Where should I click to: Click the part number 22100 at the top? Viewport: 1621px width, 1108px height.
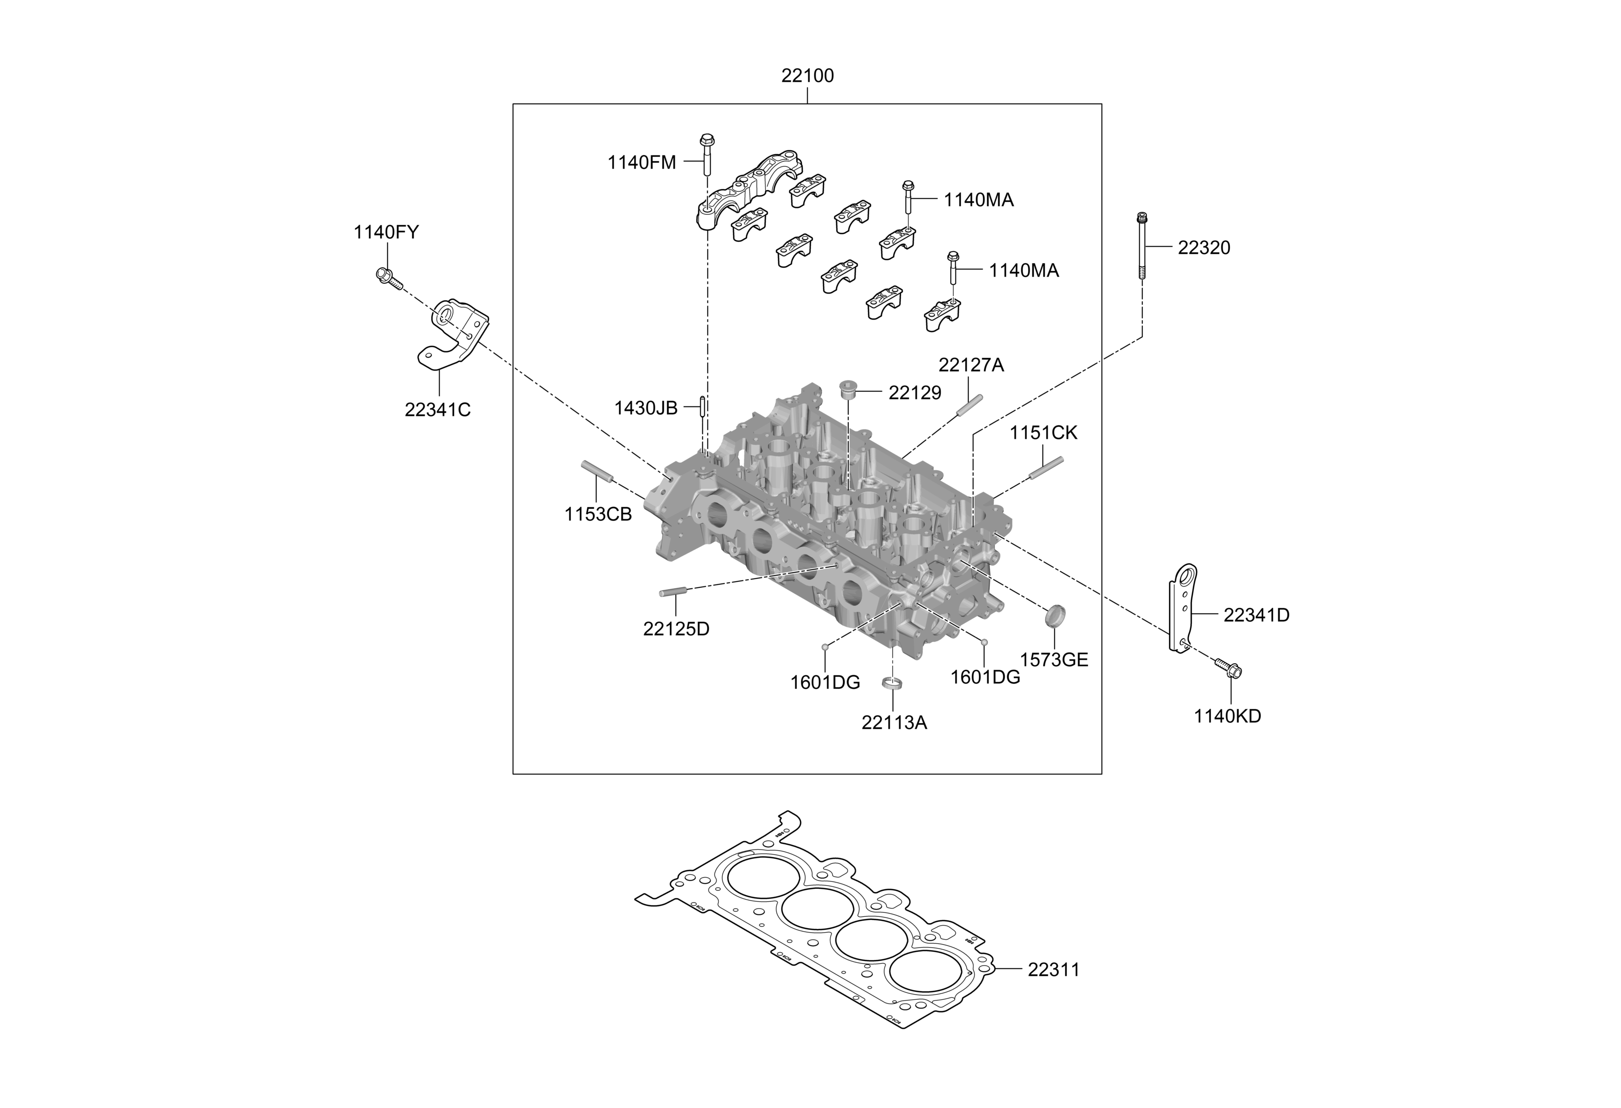point(807,76)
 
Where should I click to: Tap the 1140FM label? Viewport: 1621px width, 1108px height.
point(642,163)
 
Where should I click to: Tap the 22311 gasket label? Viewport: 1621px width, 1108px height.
point(1053,970)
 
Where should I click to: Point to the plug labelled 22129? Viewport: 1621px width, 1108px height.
point(849,388)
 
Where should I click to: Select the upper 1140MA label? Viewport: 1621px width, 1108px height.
point(979,200)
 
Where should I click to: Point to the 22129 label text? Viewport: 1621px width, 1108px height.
point(914,394)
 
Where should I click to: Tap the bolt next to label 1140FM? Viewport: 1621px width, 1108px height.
point(706,155)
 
